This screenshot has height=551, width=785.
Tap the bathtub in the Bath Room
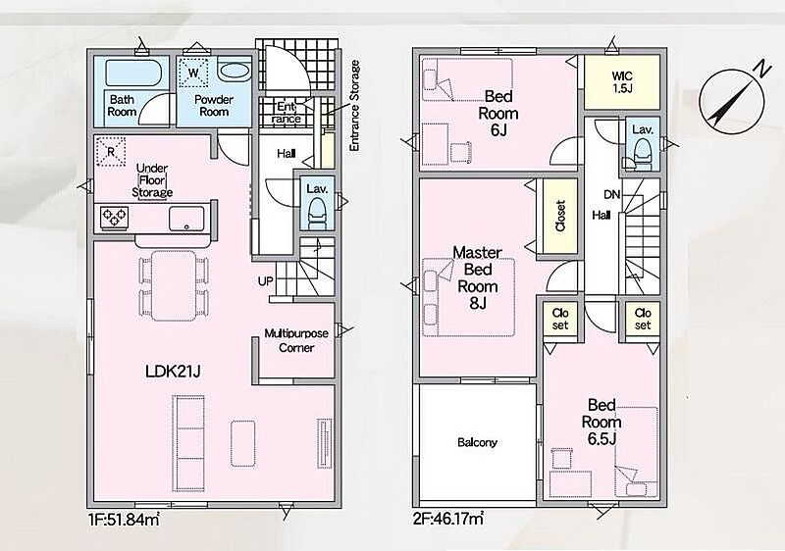133,74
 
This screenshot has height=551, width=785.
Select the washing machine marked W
193,74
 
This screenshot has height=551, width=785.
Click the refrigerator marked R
110,151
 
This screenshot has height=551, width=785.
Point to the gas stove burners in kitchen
114,218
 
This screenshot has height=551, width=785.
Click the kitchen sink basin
186,219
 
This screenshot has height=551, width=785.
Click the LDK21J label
174,372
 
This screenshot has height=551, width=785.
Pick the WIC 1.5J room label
622,82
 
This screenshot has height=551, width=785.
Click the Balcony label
477,442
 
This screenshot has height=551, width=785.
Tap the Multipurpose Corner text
296,340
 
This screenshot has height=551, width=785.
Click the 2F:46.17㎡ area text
448,519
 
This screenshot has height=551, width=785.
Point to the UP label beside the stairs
265,281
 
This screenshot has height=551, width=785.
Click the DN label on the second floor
611,194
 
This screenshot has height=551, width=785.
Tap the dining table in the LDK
174,285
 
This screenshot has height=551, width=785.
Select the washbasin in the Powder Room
235,71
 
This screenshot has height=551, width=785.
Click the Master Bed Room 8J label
478,277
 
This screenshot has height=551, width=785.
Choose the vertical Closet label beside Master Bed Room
559,216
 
